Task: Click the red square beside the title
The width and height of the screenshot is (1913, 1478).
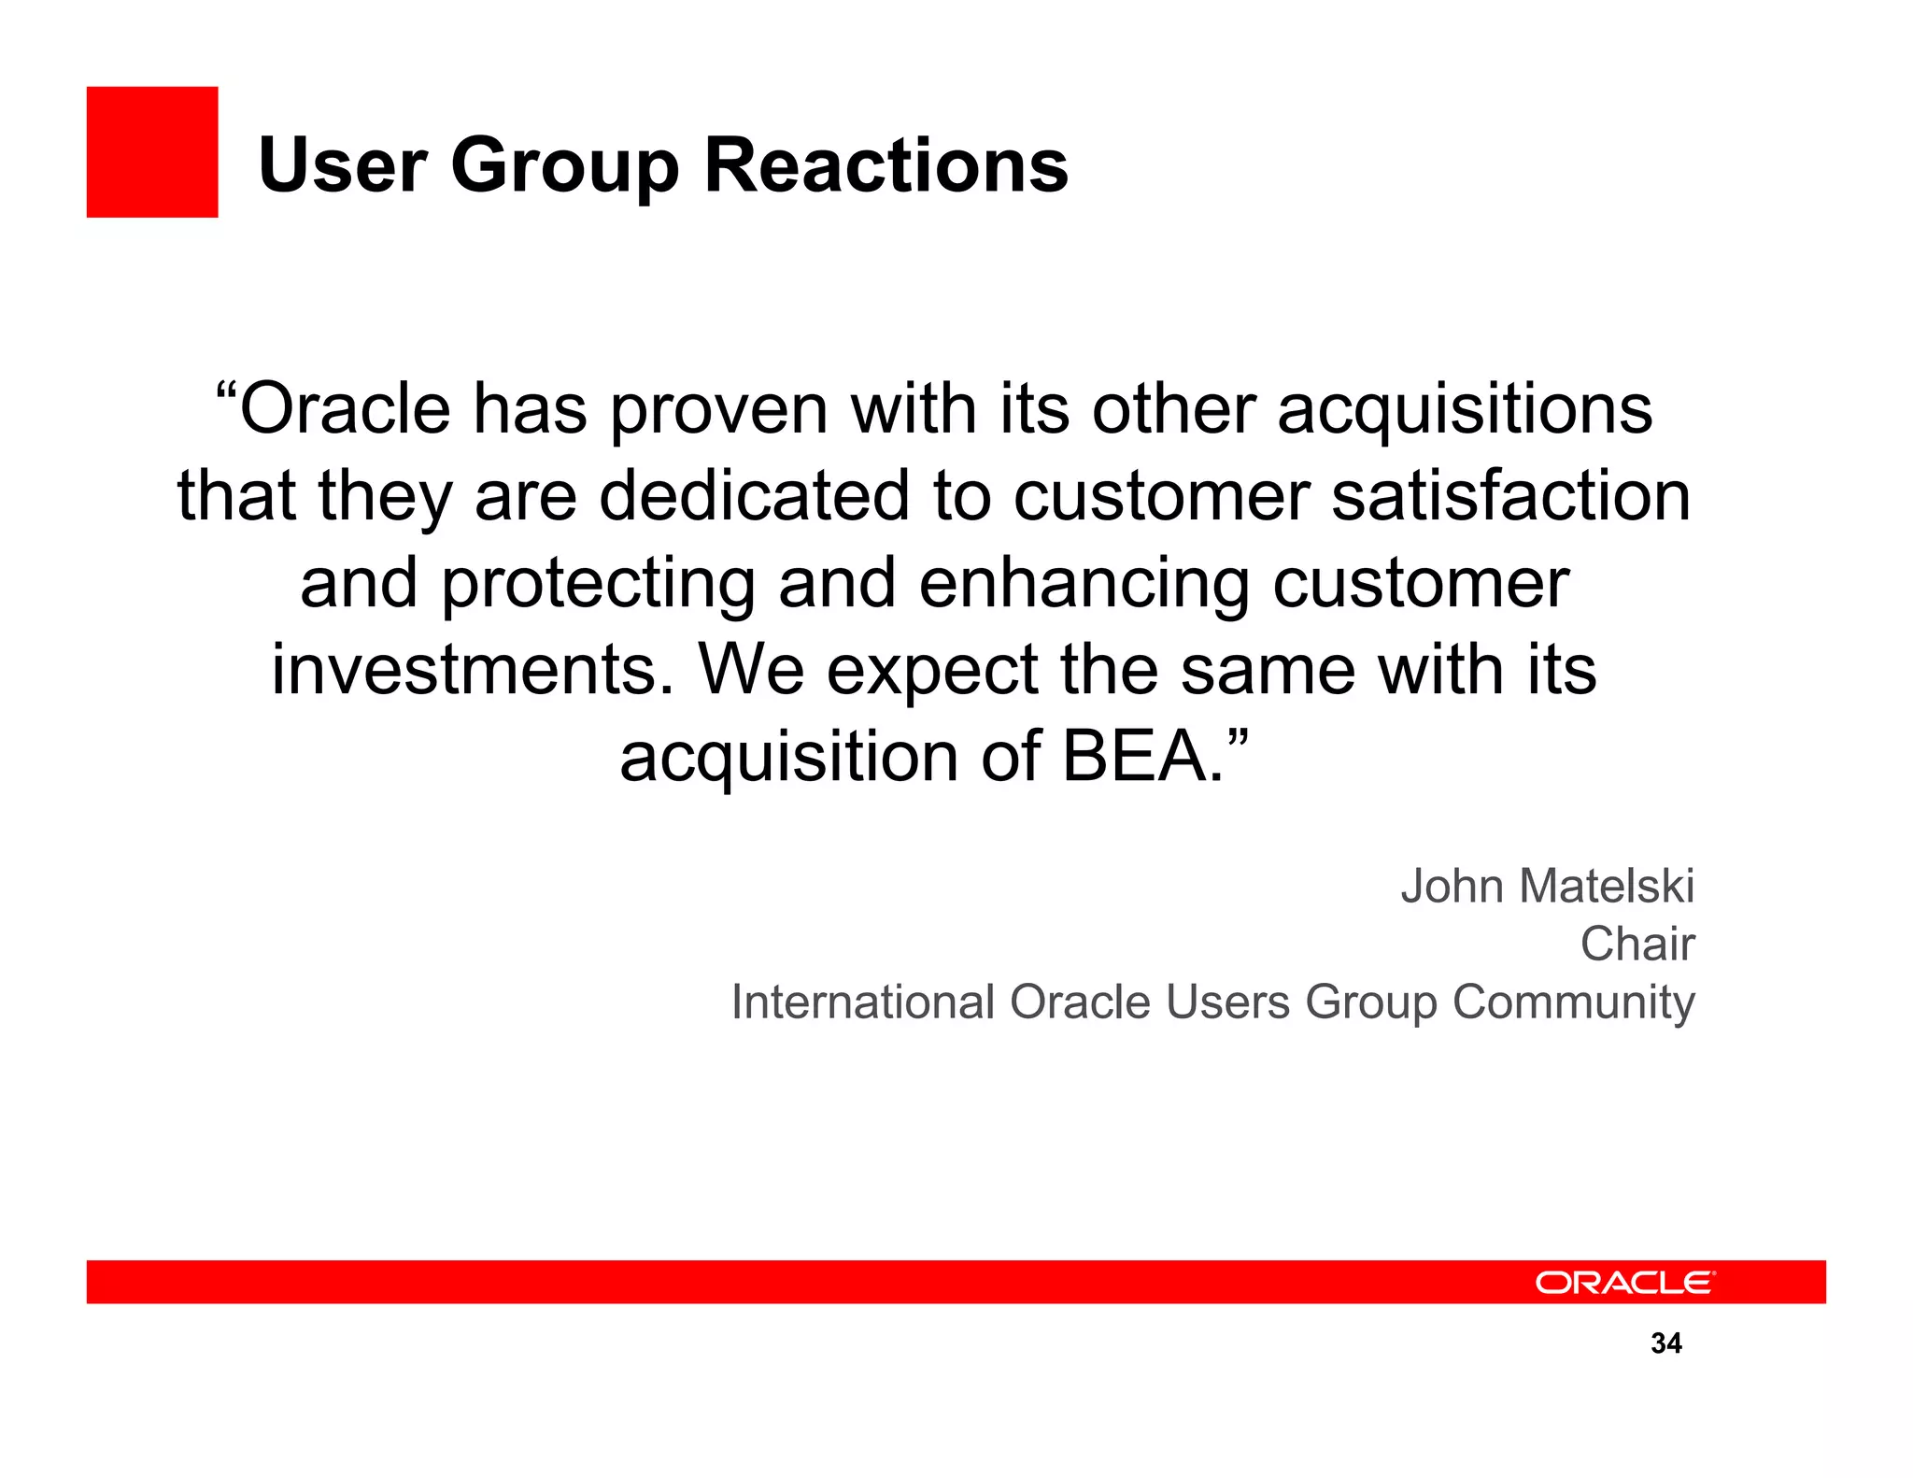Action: point(152,152)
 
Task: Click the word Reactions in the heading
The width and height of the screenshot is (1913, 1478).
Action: point(886,165)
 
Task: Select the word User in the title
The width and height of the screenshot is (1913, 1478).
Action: point(342,165)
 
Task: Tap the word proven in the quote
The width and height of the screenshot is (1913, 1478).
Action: point(719,411)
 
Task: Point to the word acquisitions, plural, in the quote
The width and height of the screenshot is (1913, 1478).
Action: point(1465,411)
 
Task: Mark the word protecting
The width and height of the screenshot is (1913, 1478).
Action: point(598,585)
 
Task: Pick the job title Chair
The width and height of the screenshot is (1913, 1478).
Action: point(1637,944)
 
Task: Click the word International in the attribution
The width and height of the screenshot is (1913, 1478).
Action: point(862,1002)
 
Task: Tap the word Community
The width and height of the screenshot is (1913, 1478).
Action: point(1573,1003)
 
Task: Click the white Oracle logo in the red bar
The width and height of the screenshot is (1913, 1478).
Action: point(1624,1282)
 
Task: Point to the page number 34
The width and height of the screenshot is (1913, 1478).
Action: point(1666,1343)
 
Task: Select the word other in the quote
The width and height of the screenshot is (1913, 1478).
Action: point(1173,411)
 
